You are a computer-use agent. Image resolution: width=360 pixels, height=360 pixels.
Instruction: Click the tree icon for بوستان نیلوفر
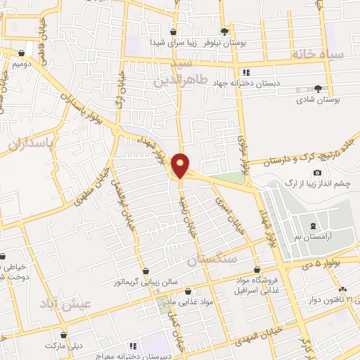[x=224, y=31]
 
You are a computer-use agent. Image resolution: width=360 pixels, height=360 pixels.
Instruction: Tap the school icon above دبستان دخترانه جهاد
[x=245, y=72]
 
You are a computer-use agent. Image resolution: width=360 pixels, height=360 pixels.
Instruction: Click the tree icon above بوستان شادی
[x=319, y=89]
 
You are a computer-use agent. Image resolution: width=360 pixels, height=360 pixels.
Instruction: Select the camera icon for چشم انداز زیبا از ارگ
[x=318, y=173]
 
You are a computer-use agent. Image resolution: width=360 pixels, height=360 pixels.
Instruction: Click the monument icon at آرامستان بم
[x=312, y=226]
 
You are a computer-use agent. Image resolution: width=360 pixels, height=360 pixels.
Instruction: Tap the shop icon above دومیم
[x=22, y=53]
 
